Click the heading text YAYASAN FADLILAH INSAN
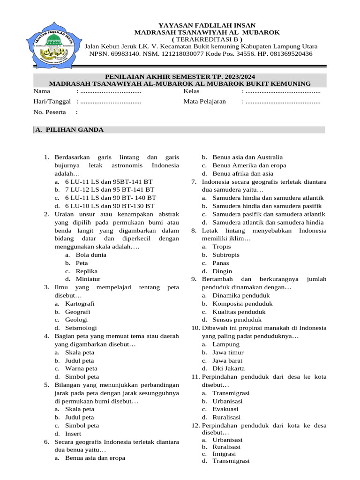click(207, 25)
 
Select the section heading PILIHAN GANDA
click(73, 130)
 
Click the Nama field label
click(42, 91)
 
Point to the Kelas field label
click(192, 91)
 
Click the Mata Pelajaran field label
click(204, 101)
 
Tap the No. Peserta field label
click(51, 112)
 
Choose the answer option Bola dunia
click(91, 255)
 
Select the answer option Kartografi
click(80, 304)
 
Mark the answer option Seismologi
click(81, 328)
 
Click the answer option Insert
click(73, 434)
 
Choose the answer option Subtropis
click(226, 255)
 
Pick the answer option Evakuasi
click(225, 409)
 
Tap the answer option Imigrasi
click(224, 454)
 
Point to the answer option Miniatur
click(88, 279)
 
